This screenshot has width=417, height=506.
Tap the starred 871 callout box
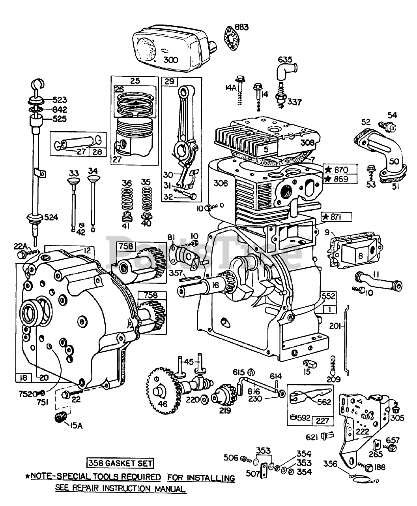(x=337, y=217)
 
